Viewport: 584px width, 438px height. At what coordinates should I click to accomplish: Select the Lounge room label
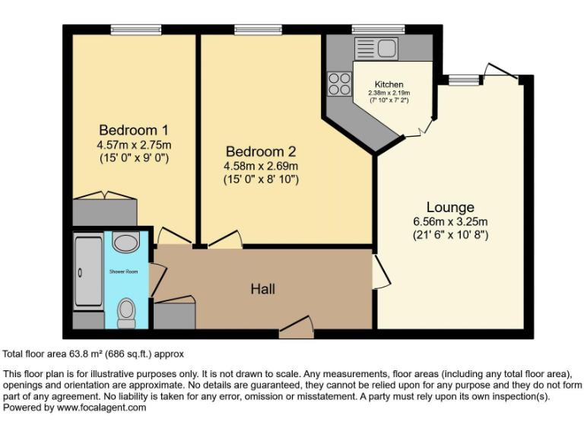click(450, 207)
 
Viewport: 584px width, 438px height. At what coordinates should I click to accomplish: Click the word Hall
click(263, 289)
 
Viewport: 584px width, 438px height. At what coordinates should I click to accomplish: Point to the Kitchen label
click(389, 84)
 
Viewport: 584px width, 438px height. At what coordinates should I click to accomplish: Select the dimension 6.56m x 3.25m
click(450, 221)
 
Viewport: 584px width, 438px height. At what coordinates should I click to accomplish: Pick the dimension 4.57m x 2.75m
click(133, 144)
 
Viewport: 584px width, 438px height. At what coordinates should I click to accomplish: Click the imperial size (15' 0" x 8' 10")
click(260, 179)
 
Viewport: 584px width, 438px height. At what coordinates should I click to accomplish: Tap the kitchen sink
click(373, 47)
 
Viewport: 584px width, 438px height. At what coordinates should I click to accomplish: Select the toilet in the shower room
click(127, 312)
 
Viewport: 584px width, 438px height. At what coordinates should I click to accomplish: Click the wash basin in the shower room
click(124, 243)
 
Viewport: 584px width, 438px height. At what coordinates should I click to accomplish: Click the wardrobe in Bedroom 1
click(104, 211)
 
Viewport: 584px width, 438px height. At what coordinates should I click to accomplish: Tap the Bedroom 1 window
click(131, 30)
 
